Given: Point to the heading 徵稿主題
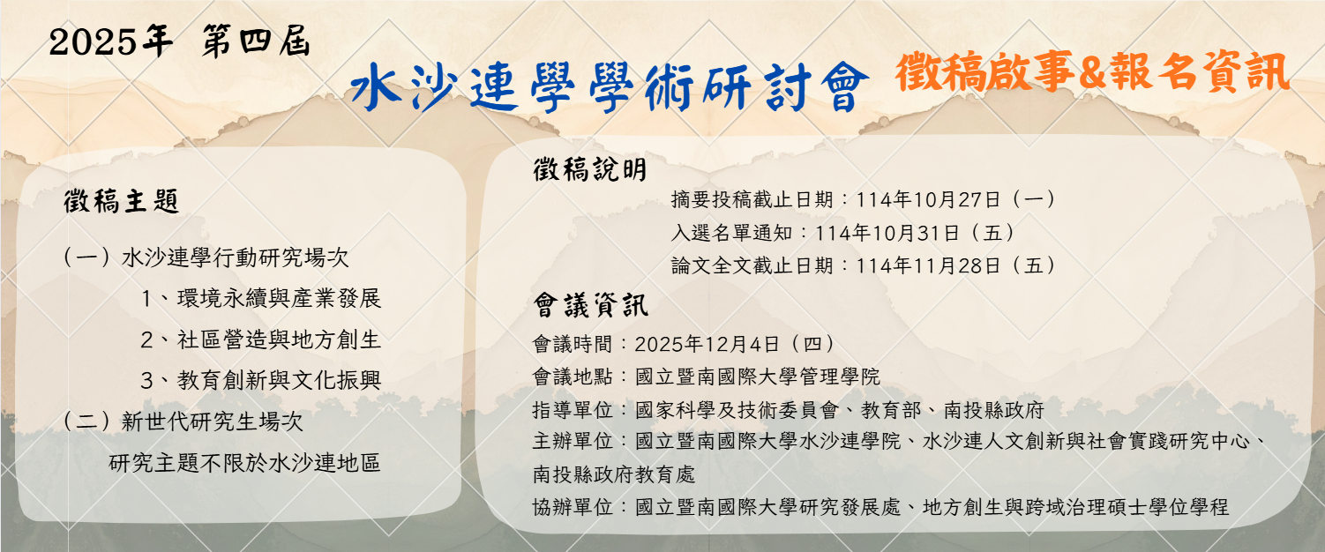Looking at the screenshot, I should (x=122, y=202).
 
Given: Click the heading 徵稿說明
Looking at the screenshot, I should (x=589, y=169).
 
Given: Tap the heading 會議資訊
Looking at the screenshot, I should (x=589, y=306).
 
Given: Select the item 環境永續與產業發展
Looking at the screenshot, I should (x=279, y=298).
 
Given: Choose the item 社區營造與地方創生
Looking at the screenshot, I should (x=279, y=339).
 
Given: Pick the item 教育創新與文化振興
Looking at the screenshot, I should (x=279, y=380).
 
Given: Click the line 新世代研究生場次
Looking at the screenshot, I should (x=212, y=421).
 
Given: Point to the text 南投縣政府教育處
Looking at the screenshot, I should (x=614, y=475).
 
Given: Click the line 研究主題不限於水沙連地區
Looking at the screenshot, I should (x=245, y=462).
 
